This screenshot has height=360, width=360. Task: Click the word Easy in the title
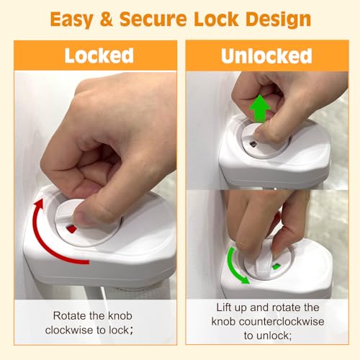tap(71, 19)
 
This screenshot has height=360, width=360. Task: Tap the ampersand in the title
tap(107, 19)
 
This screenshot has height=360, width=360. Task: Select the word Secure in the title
tap(153, 19)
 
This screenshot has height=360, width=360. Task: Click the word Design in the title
tap(279, 19)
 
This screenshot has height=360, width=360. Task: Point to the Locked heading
tap(99, 55)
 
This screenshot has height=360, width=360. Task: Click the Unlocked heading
tap(266, 56)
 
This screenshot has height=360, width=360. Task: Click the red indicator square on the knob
tap(71, 229)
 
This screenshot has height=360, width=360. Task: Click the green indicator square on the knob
tap(276, 266)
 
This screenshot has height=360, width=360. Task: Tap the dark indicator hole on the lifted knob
tap(253, 144)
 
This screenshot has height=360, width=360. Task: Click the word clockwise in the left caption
tap(69, 330)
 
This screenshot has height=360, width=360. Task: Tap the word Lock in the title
tap(216, 19)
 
